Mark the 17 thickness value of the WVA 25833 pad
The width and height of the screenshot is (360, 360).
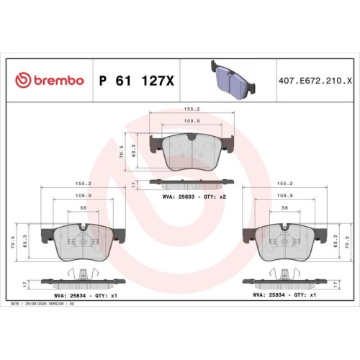135,184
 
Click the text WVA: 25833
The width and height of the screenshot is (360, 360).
176,196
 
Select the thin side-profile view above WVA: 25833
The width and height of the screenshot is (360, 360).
190,183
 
